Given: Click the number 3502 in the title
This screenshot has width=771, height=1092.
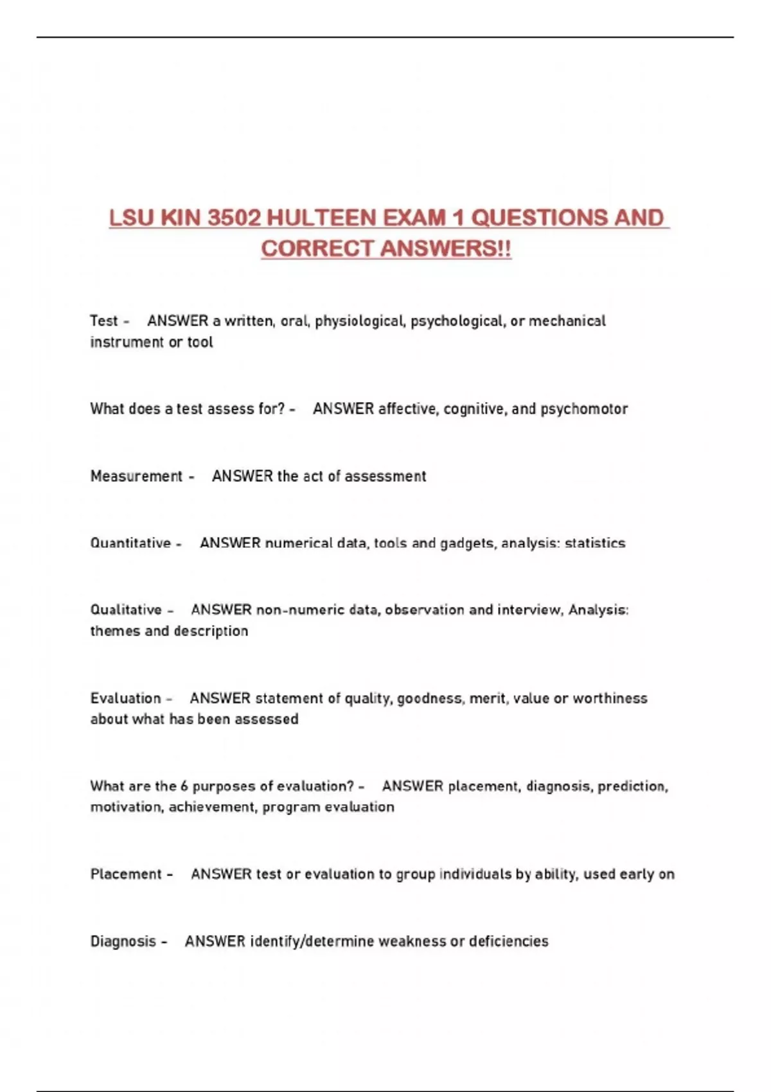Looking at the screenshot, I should [x=235, y=218].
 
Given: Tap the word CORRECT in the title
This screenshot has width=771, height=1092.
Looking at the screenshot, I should [x=310, y=249].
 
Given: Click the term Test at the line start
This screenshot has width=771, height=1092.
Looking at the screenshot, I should [x=104, y=321].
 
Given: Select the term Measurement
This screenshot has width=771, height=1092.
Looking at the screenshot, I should [x=136, y=477].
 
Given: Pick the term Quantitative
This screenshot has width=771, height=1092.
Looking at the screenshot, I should [x=130, y=543].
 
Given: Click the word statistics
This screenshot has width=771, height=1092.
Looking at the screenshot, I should [x=595, y=543].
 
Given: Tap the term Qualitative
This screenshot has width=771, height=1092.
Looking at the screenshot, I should [x=126, y=610].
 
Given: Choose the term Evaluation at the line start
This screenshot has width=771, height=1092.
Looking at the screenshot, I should [x=125, y=698].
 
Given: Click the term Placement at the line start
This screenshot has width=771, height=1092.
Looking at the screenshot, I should [x=126, y=874].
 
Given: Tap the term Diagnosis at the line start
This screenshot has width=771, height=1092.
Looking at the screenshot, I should [x=123, y=942].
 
